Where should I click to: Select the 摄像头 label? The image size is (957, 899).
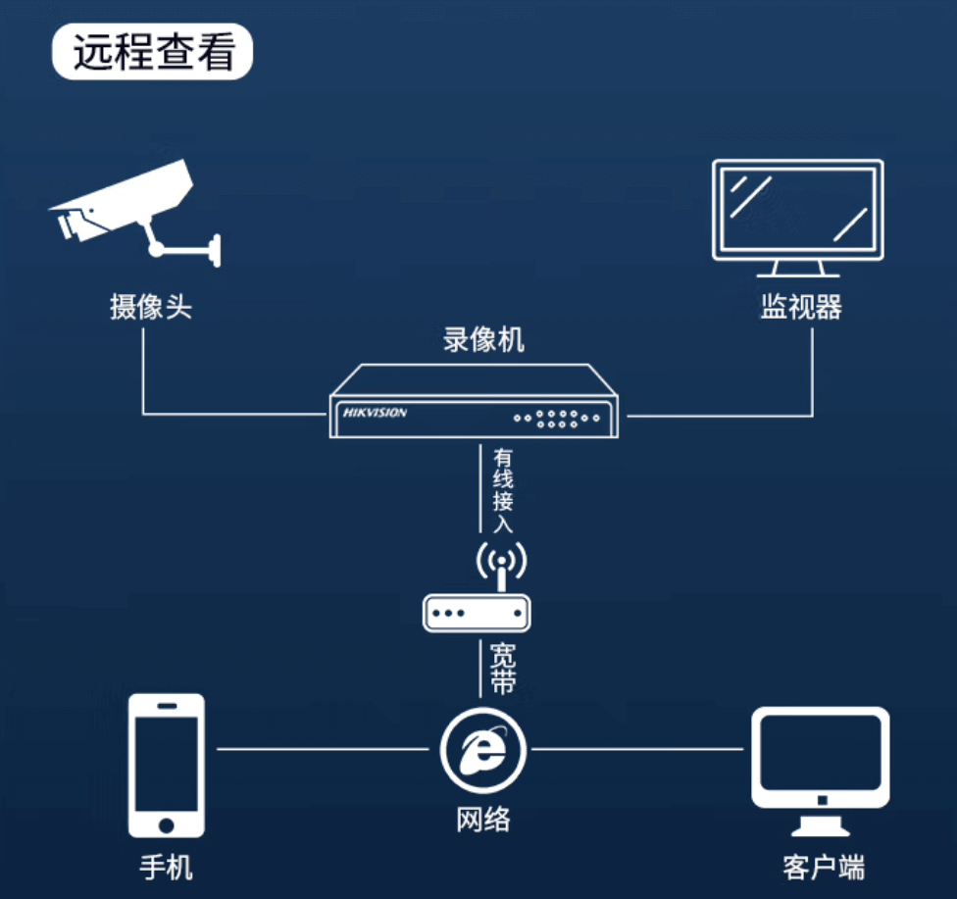151,307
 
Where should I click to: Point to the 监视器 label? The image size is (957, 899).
800,307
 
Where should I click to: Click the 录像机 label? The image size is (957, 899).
483,340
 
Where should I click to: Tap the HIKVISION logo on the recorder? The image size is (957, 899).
375,413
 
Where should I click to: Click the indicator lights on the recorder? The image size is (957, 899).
556,419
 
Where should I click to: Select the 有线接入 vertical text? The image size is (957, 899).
503,490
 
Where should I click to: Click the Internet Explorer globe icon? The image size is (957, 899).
482,750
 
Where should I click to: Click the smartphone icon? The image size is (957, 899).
167,765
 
